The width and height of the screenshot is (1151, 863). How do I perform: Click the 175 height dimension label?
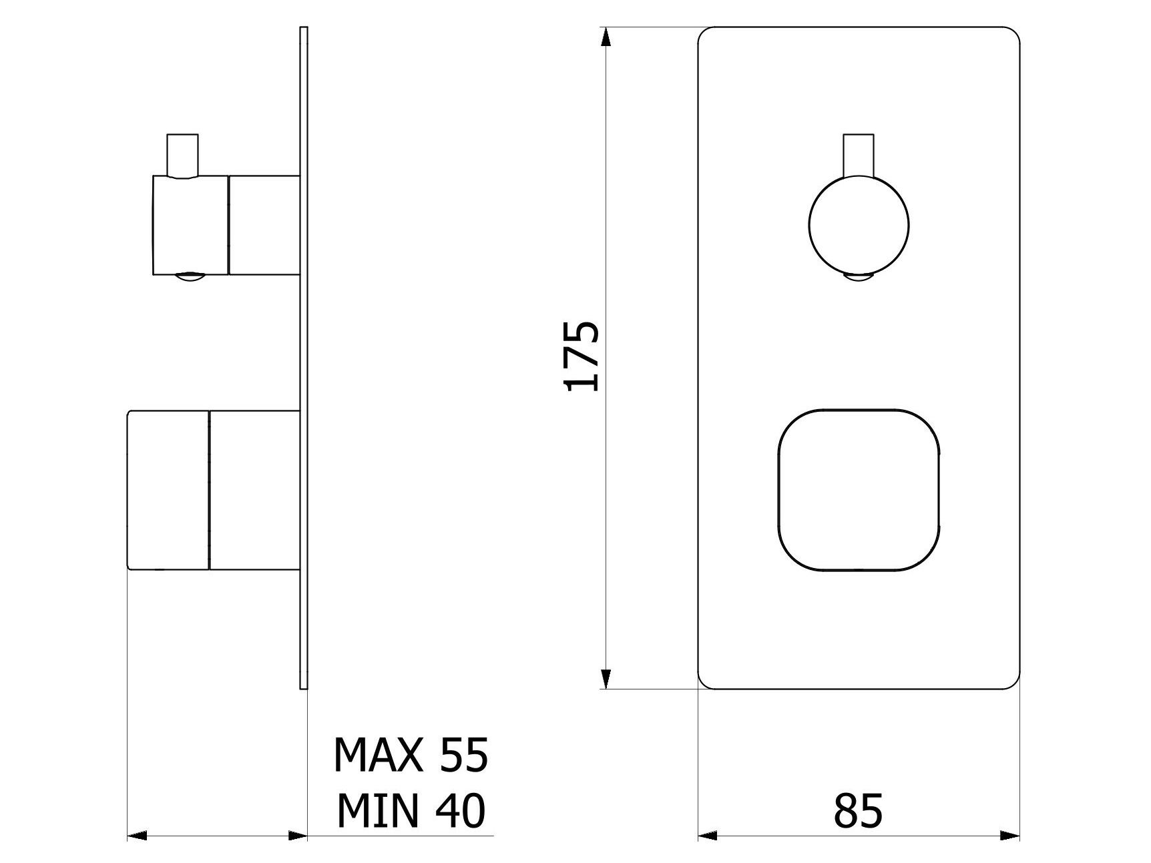[582, 356]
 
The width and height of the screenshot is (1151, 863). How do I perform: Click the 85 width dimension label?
[858, 811]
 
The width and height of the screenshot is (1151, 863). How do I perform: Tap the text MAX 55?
[411, 755]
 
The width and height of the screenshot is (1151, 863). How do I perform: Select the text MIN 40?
[411, 811]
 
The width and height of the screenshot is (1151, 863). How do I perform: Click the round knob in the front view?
[859, 226]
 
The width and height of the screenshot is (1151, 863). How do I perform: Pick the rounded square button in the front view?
[859, 490]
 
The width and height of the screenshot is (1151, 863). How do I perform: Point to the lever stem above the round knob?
[859, 156]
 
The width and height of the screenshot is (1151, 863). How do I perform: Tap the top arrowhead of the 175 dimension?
[606, 37]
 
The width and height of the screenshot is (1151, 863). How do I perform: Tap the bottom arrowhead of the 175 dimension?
[606, 679]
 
